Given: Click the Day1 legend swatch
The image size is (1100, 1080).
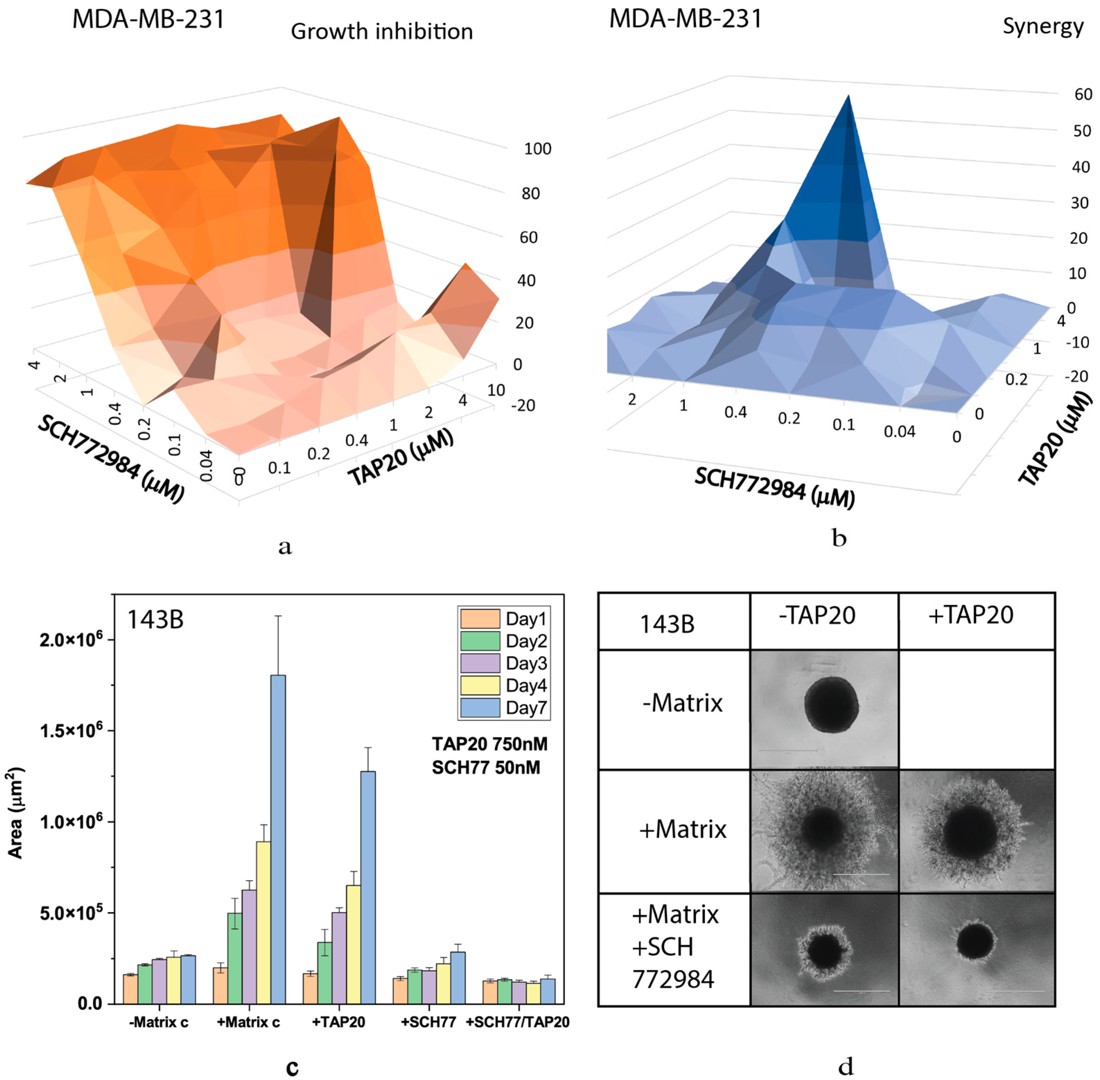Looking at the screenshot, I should [x=480, y=618].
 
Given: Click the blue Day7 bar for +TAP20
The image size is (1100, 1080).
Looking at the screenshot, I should [x=368, y=888].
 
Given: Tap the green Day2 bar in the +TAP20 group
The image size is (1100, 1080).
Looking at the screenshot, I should [x=325, y=973].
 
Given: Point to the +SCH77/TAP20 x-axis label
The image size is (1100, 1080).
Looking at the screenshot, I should [x=518, y=1022].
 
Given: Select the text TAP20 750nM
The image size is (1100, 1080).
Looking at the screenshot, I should [x=489, y=744].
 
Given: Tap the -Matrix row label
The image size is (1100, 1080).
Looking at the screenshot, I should [x=683, y=703].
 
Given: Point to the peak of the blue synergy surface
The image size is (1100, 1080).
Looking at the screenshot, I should [x=848, y=96].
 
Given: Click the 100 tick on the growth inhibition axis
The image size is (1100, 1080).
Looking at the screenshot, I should [x=537, y=149].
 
